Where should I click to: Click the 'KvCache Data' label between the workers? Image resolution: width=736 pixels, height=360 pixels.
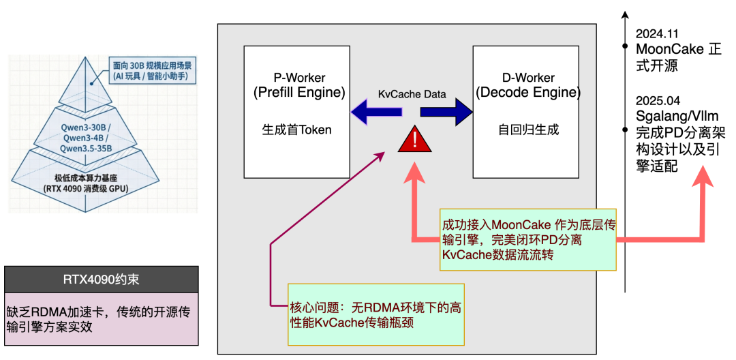click(412, 94)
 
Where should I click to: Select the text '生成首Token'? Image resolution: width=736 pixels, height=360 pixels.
click(297, 130)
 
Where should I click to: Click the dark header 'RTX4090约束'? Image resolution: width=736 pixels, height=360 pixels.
click(101, 279)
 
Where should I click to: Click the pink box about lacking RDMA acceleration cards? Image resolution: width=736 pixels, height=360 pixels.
click(101, 318)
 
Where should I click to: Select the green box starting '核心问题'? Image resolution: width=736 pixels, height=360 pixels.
click(375, 314)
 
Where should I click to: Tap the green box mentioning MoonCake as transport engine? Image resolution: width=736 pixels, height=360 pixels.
click(527, 240)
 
